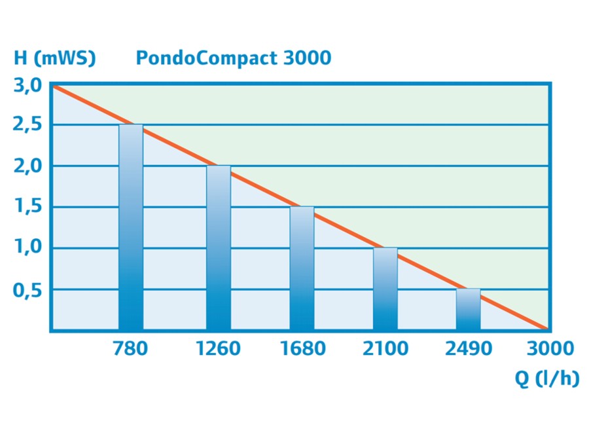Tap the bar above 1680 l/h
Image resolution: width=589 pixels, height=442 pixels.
(x=302, y=268)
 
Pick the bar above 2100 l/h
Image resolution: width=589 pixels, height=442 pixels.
(x=385, y=289)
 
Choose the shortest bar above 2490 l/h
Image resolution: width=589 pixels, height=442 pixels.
(x=468, y=309)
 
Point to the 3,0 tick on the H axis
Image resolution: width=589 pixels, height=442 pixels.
(x=27, y=85)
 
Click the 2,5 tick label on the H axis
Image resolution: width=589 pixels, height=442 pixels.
(x=27, y=125)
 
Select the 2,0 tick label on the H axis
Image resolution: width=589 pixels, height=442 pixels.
(x=27, y=166)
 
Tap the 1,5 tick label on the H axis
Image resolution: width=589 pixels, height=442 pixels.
(x=27, y=208)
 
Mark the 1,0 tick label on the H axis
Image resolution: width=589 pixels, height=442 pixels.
(x=27, y=248)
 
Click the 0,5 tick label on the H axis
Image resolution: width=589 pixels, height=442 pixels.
(x=27, y=289)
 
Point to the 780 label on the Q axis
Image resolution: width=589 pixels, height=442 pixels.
(x=130, y=348)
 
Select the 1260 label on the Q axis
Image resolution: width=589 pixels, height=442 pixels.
(x=219, y=348)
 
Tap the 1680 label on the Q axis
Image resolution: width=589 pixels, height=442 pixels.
(x=302, y=348)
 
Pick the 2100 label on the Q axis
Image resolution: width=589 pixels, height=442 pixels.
(x=385, y=348)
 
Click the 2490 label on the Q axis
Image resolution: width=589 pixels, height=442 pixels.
(x=469, y=348)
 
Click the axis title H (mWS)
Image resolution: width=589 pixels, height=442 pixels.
(x=55, y=58)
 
